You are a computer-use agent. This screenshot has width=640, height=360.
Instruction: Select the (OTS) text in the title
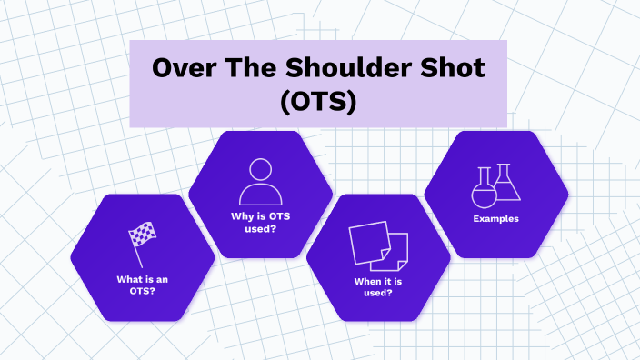[x=317, y=101]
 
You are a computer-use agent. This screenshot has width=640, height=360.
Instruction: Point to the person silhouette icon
[x=259, y=181]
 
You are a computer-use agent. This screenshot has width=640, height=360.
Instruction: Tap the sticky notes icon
[x=378, y=245]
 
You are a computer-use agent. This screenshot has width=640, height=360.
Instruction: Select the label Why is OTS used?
[x=259, y=223]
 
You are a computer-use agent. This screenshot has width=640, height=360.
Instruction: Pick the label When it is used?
[x=379, y=287]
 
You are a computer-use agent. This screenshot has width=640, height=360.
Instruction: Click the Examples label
[x=496, y=219]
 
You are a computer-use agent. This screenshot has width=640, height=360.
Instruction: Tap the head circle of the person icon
[x=260, y=170]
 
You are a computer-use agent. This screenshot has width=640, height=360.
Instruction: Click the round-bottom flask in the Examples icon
[x=483, y=188]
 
